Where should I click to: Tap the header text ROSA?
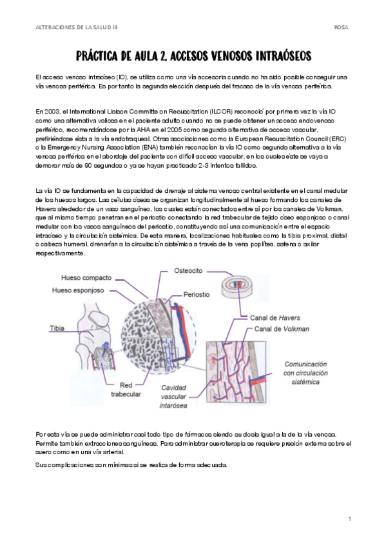(341, 27)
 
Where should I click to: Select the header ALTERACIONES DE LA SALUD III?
(77, 27)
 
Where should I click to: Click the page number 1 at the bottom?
(349, 519)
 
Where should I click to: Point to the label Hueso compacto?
(86, 277)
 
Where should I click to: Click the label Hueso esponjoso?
(78, 290)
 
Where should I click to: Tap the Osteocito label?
(188, 271)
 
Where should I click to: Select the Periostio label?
(197, 294)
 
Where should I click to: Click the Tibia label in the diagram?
(57, 328)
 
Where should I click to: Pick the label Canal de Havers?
(275, 318)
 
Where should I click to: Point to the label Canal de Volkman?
(282, 329)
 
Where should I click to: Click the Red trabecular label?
(126, 390)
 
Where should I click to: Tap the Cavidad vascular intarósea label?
(173, 397)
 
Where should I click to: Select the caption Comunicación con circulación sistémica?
(305, 373)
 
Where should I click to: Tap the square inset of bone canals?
(236, 372)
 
